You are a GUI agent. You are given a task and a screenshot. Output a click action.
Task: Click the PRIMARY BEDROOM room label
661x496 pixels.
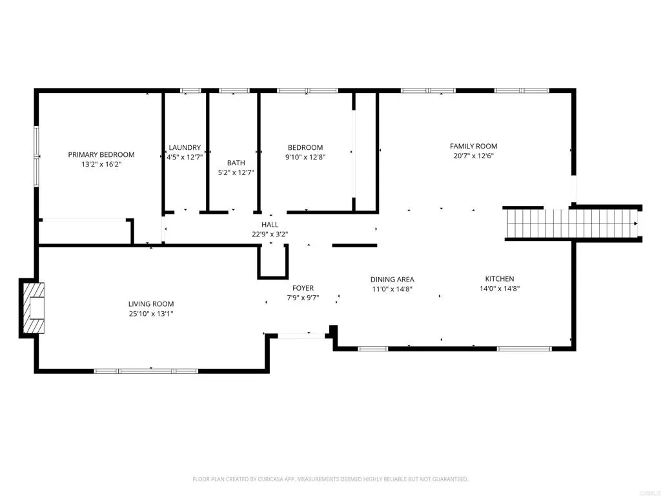click(x=101, y=154)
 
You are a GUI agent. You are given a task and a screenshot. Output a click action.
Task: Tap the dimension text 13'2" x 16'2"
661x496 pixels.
click(x=101, y=165)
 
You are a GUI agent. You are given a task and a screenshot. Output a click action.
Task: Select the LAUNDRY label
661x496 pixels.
click(x=185, y=147)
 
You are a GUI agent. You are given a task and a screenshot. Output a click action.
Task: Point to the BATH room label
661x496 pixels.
click(x=236, y=163)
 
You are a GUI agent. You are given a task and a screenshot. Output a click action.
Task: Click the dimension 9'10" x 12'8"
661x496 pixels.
click(x=305, y=156)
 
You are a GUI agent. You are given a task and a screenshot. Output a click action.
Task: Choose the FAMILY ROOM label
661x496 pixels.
click(x=473, y=146)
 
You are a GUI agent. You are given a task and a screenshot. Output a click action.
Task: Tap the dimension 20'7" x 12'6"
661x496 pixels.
click(x=473, y=156)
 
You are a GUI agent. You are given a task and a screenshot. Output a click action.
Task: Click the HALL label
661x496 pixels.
click(x=270, y=224)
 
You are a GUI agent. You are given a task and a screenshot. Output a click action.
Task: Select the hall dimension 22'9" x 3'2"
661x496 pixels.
click(x=270, y=234)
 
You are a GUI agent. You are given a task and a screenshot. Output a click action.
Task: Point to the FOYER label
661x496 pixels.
click(x=303, y=288)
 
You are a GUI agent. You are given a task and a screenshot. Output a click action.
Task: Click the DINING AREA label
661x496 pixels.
click(x=392, y=279)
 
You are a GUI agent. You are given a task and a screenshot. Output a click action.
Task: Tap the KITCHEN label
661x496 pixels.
click(x=499, y=278)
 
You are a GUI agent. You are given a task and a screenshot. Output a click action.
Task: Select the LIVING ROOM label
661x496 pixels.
click(x=150, y=304)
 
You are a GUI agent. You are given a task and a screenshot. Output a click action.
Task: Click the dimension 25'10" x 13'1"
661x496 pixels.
click(x=150, y=313)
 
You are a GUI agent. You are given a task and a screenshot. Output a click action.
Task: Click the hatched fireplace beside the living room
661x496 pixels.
click(x=34, y=307)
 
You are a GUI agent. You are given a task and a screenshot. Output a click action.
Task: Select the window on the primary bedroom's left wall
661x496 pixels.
click(x=37, y=155)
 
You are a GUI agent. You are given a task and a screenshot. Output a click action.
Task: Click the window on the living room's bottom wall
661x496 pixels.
click(x=146, y=371)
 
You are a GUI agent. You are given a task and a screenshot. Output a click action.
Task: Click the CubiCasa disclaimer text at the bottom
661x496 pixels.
click(x=330, y=479)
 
